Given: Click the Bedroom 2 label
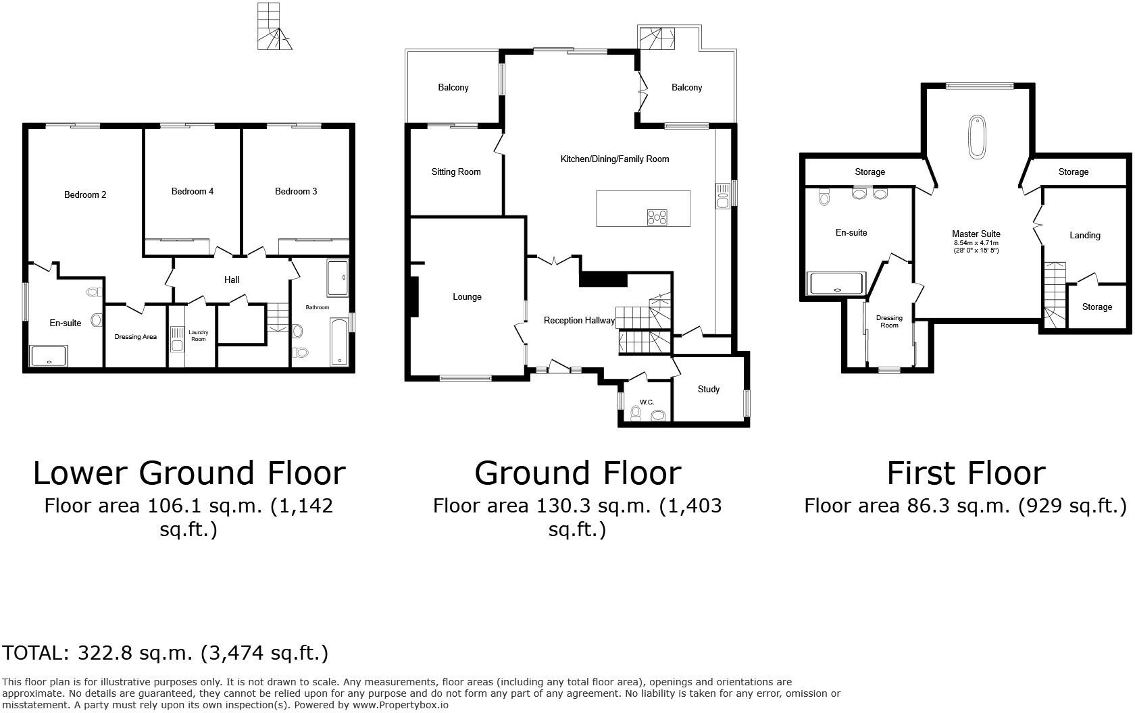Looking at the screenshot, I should (x=85, y=195).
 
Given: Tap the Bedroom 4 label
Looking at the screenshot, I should (x=193, y=192).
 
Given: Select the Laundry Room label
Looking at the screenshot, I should (x=198, y=336).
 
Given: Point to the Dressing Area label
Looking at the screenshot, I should (x=135, y=337).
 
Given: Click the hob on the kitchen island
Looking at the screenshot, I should (x=657, y=217).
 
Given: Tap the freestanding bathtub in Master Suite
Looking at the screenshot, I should (x=978, y=137).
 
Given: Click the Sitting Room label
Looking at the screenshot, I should (x=456, y=172).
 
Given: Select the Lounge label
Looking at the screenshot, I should (x=467, y=297).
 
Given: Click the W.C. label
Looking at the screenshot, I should (x=647, y=402).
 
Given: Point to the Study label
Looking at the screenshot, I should (x=709, y=390).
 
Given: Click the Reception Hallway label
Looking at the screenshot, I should (x=579, y=321).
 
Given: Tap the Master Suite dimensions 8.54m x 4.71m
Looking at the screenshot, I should (x=976, y=243).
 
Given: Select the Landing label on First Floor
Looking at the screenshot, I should (x=1085, y=236).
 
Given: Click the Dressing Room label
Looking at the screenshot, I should (x=889, y=321).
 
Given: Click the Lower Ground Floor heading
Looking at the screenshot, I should (x=189, y=473).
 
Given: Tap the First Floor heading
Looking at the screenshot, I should (x=965, y=473).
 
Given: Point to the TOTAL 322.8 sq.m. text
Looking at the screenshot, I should (x=165, y=654).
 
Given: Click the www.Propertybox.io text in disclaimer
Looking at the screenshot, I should (x=400, y=705).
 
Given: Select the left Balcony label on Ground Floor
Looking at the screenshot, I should (x=453, y=88).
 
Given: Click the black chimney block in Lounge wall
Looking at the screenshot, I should (x=414, y=297).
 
